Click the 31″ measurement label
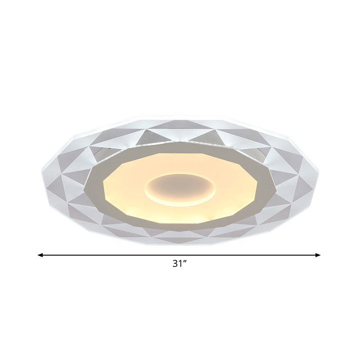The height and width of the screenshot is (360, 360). pos(179,264)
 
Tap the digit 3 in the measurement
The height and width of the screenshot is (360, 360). pos(175,264)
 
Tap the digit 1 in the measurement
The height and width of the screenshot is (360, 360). pos(180,264)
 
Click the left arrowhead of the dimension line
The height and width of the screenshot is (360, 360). pos(40,255)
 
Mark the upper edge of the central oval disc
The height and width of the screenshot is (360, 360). pos(180,174)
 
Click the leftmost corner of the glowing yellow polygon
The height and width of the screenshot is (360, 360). pos(103,182)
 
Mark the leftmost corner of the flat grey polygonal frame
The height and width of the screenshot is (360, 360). pos(84,182)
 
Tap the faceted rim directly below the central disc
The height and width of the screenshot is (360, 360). pos(180,236)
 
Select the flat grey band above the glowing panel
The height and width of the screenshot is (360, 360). pos(180,148)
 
